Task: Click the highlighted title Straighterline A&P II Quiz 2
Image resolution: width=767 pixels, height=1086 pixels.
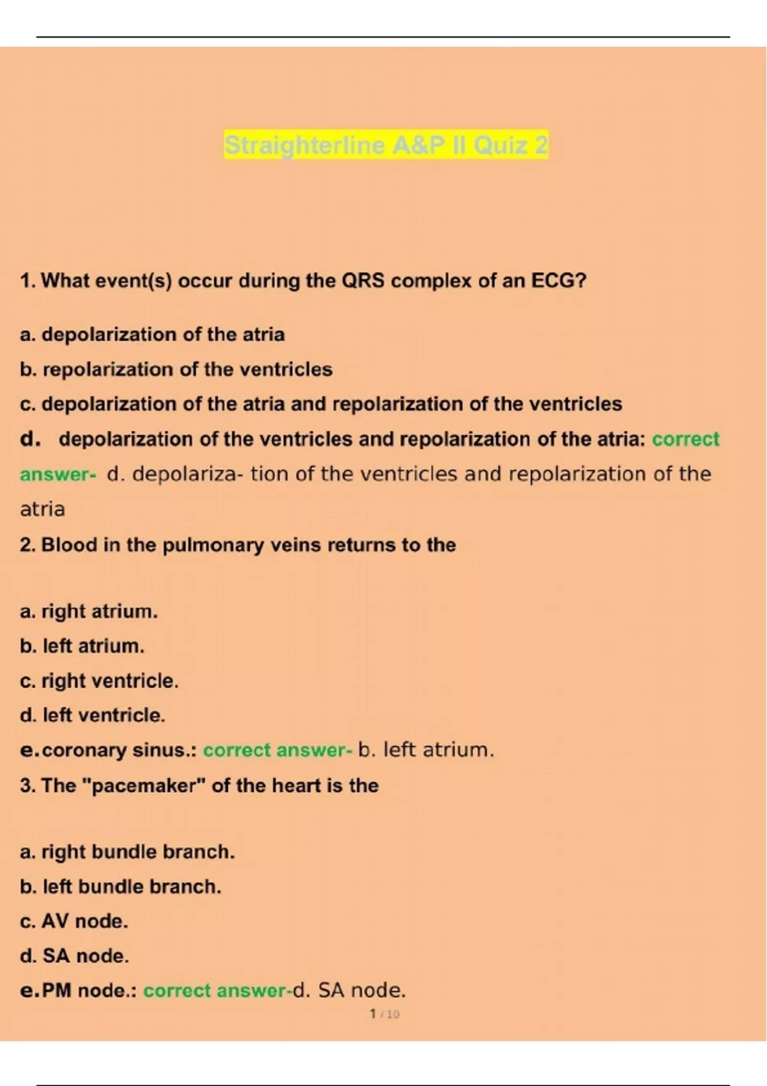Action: coord(385,146)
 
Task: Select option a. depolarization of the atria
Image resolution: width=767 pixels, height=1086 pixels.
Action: coord(152,334)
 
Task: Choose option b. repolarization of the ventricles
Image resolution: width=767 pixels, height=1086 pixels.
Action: coord(176,369)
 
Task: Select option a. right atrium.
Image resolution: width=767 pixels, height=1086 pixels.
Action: coord(88,611)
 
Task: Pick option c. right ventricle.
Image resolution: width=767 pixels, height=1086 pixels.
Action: coord(99,681)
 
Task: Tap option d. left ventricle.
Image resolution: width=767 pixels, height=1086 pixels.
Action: coord(93,715)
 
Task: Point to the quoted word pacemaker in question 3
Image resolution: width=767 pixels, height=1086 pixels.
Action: coord(145,785)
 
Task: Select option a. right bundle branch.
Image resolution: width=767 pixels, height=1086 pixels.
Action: coord(127,852)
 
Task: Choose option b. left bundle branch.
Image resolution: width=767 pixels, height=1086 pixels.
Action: coord(120,887)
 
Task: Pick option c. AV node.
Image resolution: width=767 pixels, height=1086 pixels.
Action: coord(74,921)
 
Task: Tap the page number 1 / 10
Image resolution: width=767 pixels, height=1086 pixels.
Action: coord(384,1014)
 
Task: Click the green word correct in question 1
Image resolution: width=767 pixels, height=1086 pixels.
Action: coord(685,440)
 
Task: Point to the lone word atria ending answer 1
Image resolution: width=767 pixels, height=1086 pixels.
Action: coord(42,509)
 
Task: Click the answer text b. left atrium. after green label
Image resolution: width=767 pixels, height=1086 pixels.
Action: coord(426,750)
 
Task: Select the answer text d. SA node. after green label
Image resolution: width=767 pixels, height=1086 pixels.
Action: coord(349,991)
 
